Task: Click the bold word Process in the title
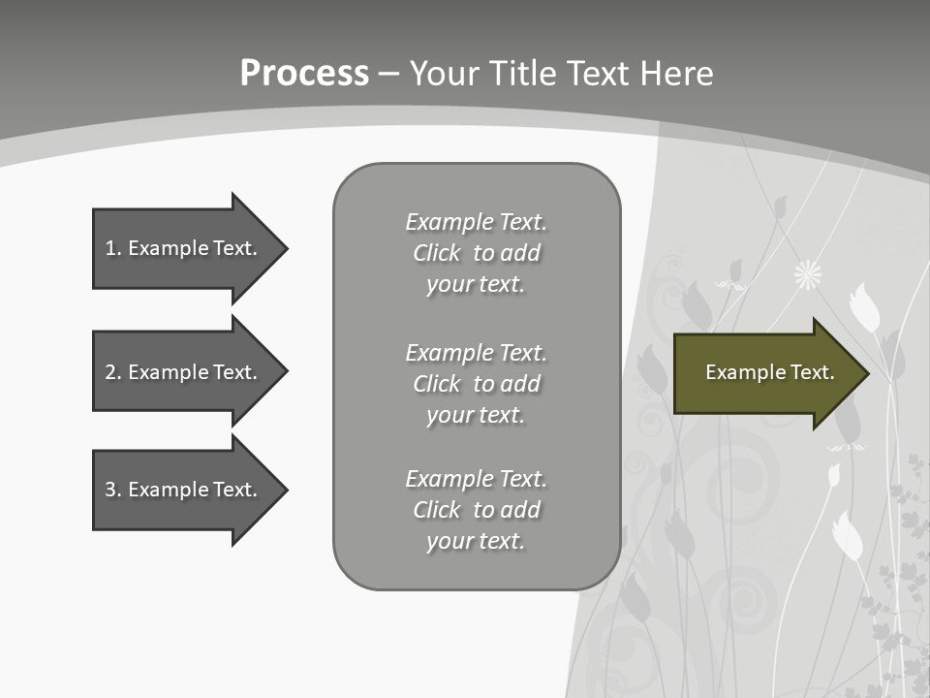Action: [304, 74]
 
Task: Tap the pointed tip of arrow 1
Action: [285, 248]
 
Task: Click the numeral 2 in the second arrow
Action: [110, 372]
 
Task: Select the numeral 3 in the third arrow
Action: [110, 490]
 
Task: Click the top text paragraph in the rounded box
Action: [476, 253]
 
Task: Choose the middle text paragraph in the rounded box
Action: [476, 384]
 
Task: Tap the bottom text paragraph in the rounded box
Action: [476, 510]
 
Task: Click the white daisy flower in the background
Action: [808, 275]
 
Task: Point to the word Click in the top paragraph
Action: [437, 253]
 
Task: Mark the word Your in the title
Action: [445, 74]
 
